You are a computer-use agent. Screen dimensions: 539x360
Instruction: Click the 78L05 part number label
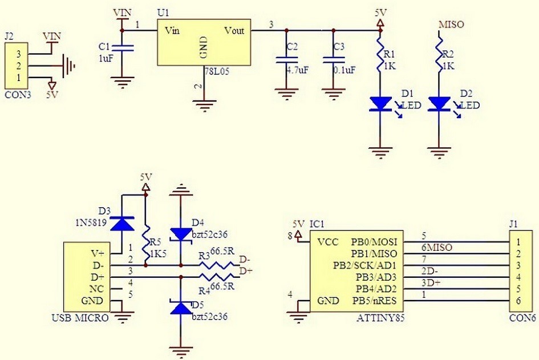click(x=217, y=72)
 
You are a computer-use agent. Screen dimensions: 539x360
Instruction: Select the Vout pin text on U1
click(x=234, y=31)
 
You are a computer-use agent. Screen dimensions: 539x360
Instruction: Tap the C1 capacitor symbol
click(x=122, y=48)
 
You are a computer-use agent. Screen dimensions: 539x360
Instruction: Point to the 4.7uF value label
click(x=298, y=70)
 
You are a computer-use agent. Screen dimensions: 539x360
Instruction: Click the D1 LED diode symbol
click(x=380, y=104)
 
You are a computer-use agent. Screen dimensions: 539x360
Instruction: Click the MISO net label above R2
click(x=451, y=25)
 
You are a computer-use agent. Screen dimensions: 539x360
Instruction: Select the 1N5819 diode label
click(x=91, y=223)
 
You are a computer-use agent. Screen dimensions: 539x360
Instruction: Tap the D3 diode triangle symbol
click(x=122, y=223)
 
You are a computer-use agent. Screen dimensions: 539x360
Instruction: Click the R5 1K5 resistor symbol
click(x=146, y=242)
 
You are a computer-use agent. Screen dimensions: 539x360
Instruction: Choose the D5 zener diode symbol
click(x=181, y=308)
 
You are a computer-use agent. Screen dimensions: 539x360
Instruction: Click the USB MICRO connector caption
click(x=80, y=318)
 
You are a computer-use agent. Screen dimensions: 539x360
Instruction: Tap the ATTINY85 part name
click(x=381, y=318)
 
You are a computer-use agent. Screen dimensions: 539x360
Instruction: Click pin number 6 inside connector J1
click(x=518, y=301)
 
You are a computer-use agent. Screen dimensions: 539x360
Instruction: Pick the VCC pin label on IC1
click(x=329, y=242)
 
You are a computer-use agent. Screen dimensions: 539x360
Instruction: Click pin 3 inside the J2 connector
click(x=19, y=54)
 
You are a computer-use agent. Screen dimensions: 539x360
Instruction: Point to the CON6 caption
click(x=522, y=318)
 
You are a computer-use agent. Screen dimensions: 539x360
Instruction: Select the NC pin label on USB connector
click(x=96, y=289)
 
